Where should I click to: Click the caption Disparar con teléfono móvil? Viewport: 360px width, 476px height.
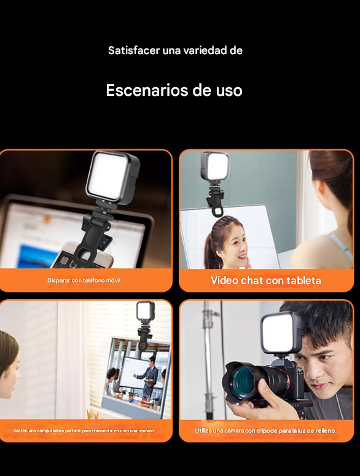(84, 281)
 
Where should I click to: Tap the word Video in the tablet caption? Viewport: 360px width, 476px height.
(224, 281)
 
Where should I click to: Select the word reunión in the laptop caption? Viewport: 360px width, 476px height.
(146, 431)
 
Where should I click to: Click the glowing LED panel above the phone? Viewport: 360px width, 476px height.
(109, 176)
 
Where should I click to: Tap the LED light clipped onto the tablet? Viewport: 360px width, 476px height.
(215, 166)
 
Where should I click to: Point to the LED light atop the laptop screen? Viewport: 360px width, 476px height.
(146, 311)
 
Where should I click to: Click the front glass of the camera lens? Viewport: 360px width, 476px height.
(240, 381)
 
